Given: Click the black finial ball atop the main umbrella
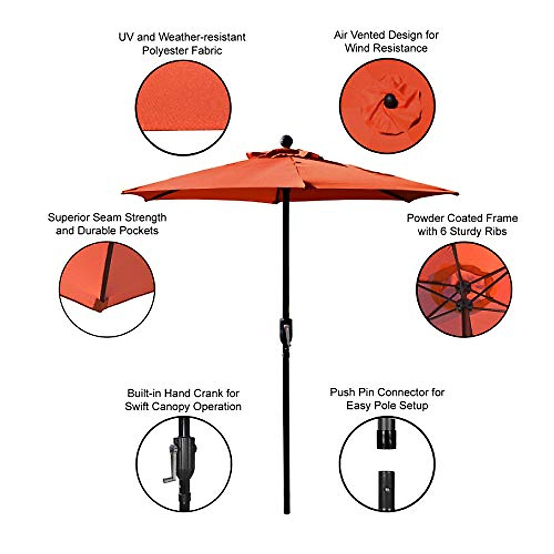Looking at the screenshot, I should [287, 141].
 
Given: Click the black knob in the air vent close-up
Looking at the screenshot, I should [391, 101].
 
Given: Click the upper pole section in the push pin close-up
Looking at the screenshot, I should [386, 433].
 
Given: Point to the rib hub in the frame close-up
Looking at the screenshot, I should [463, 295].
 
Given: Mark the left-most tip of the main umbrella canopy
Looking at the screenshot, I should [123, 192].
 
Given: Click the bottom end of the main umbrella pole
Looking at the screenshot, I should [287, 512].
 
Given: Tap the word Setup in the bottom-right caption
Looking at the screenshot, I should [413, 406].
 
